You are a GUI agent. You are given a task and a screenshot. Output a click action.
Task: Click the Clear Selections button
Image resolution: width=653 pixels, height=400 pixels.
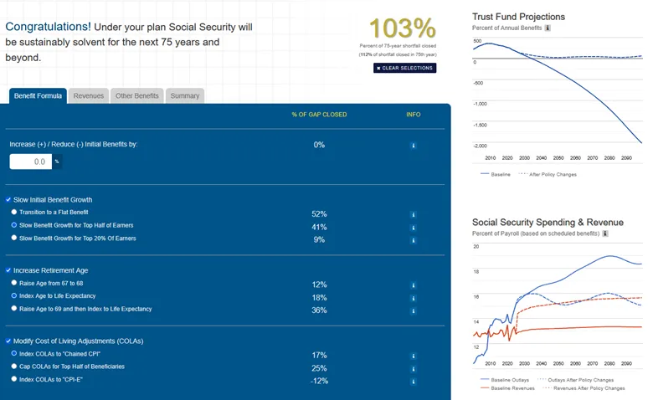[x=404, y=68]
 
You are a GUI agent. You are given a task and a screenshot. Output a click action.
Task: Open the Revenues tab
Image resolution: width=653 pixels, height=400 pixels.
[x=89, y=96]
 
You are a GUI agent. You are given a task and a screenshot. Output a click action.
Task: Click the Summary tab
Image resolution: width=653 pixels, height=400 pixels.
[x=185, y=96]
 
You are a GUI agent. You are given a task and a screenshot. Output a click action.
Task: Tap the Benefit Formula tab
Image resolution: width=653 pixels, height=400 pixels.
[x=38, y=96]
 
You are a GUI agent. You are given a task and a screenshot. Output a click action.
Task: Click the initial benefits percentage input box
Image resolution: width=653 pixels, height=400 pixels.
[x=31, y=162]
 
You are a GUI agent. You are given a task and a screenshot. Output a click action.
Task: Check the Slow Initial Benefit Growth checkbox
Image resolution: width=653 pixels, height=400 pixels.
[x=8, y=200]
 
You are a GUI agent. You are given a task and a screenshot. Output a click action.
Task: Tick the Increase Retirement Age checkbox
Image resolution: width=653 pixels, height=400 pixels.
[x=8, y=271]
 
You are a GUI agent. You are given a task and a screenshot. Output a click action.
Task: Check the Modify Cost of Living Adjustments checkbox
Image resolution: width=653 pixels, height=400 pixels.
[x=8, y=341]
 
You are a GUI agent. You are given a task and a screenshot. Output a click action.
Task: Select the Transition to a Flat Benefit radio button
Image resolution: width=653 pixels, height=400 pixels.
[x=14, y=213]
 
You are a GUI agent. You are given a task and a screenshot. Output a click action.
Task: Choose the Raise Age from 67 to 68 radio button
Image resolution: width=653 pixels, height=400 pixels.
[x=14, y=283]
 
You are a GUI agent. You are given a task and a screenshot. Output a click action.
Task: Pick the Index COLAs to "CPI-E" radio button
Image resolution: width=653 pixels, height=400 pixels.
[x=14, y=379]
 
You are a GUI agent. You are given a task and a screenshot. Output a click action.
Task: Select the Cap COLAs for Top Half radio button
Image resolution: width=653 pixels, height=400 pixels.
[x=14, y=367]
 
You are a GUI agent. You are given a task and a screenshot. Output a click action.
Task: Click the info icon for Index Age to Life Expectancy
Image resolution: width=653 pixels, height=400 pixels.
[x=413, y=297]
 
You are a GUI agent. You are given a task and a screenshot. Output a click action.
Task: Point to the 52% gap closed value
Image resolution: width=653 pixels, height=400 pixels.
[x=319, y=214]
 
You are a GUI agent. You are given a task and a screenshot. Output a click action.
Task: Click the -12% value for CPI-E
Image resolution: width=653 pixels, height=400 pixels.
[x=319, y=381]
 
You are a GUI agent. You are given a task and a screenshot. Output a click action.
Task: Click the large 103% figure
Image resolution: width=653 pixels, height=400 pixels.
[x=402, y=28]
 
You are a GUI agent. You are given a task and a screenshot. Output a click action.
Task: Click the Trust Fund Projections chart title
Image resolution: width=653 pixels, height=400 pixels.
[x=518, y=17]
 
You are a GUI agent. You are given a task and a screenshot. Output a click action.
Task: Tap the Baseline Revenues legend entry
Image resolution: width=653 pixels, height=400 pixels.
[x=511, y=388]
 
